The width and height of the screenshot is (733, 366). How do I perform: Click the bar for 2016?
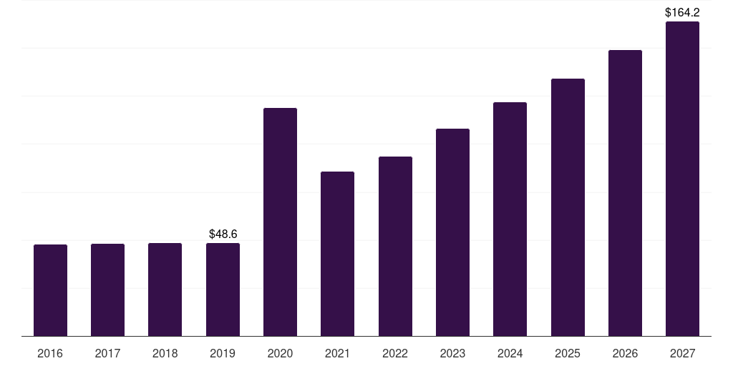coord(50,290)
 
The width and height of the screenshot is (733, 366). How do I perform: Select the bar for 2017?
coord(107,290)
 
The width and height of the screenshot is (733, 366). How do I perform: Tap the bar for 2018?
coord(165,290)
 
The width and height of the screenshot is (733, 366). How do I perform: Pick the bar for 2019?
coord(223,290)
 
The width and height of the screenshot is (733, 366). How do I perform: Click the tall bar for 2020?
coord(280,222)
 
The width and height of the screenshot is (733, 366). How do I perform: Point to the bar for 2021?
coord(337,254)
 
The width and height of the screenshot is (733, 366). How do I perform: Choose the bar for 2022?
coord(395,246)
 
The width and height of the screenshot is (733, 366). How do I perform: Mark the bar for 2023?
coord(452,232)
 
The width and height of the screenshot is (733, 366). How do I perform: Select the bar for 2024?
coord(510,219)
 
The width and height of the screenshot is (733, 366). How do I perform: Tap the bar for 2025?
coord(568,207)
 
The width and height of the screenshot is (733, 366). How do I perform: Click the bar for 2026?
coord(625,193)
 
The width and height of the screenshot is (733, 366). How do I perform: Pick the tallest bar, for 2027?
coord(682,179)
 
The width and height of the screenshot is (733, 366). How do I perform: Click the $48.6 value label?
coord(223,234)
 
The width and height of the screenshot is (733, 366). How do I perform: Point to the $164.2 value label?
coord(682,12)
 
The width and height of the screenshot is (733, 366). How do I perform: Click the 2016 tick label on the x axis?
coord(50,353)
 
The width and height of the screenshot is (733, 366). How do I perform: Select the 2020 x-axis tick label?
coord(280,353)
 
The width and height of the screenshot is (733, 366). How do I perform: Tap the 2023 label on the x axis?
coord(452,353)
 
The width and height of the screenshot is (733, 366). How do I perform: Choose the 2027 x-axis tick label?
coord(682,353)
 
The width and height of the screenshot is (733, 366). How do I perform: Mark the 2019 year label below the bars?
coord(223,353)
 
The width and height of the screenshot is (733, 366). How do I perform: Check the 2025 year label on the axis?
coord(568,353)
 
